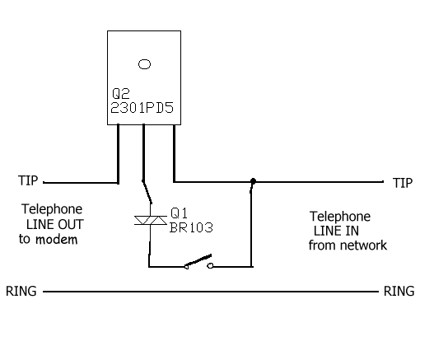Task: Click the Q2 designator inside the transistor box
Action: (121, 94)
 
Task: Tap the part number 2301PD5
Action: (142, 108)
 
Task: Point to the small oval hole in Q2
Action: (144, 64)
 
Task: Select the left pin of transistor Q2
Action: (119, 154)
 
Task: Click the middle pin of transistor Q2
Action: (143, 152)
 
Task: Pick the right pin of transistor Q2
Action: (174, 153)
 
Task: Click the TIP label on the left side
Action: (28, 180)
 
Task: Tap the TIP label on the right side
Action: (403, 183)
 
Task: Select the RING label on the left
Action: (21, 291)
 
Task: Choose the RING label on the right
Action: (399, 291)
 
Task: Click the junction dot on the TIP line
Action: (253, 181)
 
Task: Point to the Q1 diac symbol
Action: (151, 221)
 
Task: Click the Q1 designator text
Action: (179, 213)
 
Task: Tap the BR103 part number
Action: (191, 227)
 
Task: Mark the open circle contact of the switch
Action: (210, 266)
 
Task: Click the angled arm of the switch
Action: (198, 260)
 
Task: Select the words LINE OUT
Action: (55, 224)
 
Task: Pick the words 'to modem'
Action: (48, 239)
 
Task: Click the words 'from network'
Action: (348, 245)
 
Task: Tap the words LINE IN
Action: (336, 231)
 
